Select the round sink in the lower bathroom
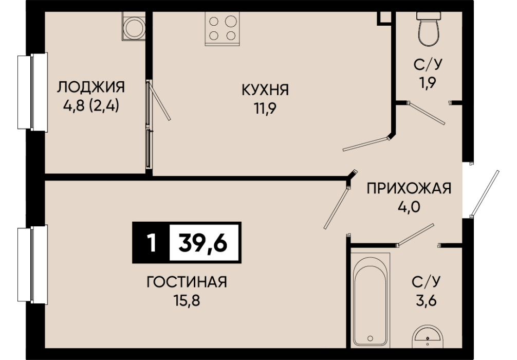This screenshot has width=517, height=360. point(427,336)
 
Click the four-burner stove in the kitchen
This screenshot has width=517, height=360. point(222,29)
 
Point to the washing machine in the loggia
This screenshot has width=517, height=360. point(134,26)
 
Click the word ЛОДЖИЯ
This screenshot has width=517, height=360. point(91,87)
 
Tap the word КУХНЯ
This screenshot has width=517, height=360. point(265,90)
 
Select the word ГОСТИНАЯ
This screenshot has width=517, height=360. point(187,282)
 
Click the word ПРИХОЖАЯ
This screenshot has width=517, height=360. point(409,189)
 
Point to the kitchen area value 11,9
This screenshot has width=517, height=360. point(265,109)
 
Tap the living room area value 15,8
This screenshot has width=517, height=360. point(187,301)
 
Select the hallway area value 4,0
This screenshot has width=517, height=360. point(409,207)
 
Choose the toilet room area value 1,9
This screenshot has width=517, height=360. point(428,82)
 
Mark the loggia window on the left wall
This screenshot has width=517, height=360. point(33,92)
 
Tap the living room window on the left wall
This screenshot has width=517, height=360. point(33,264)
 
